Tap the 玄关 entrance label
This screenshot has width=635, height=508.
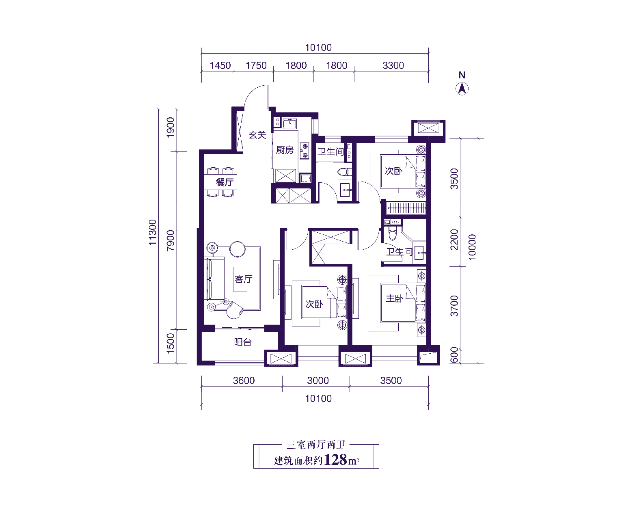coord(257,135)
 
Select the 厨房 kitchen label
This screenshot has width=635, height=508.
coord(285,150)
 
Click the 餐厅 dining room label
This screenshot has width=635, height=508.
coord(225,182)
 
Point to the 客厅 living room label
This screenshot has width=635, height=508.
coord(244,279)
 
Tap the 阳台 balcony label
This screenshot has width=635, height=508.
coord(243,342)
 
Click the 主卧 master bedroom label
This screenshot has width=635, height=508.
coord(395,298)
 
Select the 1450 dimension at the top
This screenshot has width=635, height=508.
coord(220,65)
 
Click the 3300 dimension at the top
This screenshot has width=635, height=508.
coord(393,65)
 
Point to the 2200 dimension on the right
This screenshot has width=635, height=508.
coord(454,240)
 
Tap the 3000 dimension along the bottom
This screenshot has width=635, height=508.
coord(318,380)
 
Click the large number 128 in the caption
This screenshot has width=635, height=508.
coord(336,460)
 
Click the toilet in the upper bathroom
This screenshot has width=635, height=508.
coord(345,171)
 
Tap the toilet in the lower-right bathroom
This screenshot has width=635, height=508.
coord(393,233)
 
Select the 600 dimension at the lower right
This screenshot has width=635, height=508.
coord(454,355)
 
